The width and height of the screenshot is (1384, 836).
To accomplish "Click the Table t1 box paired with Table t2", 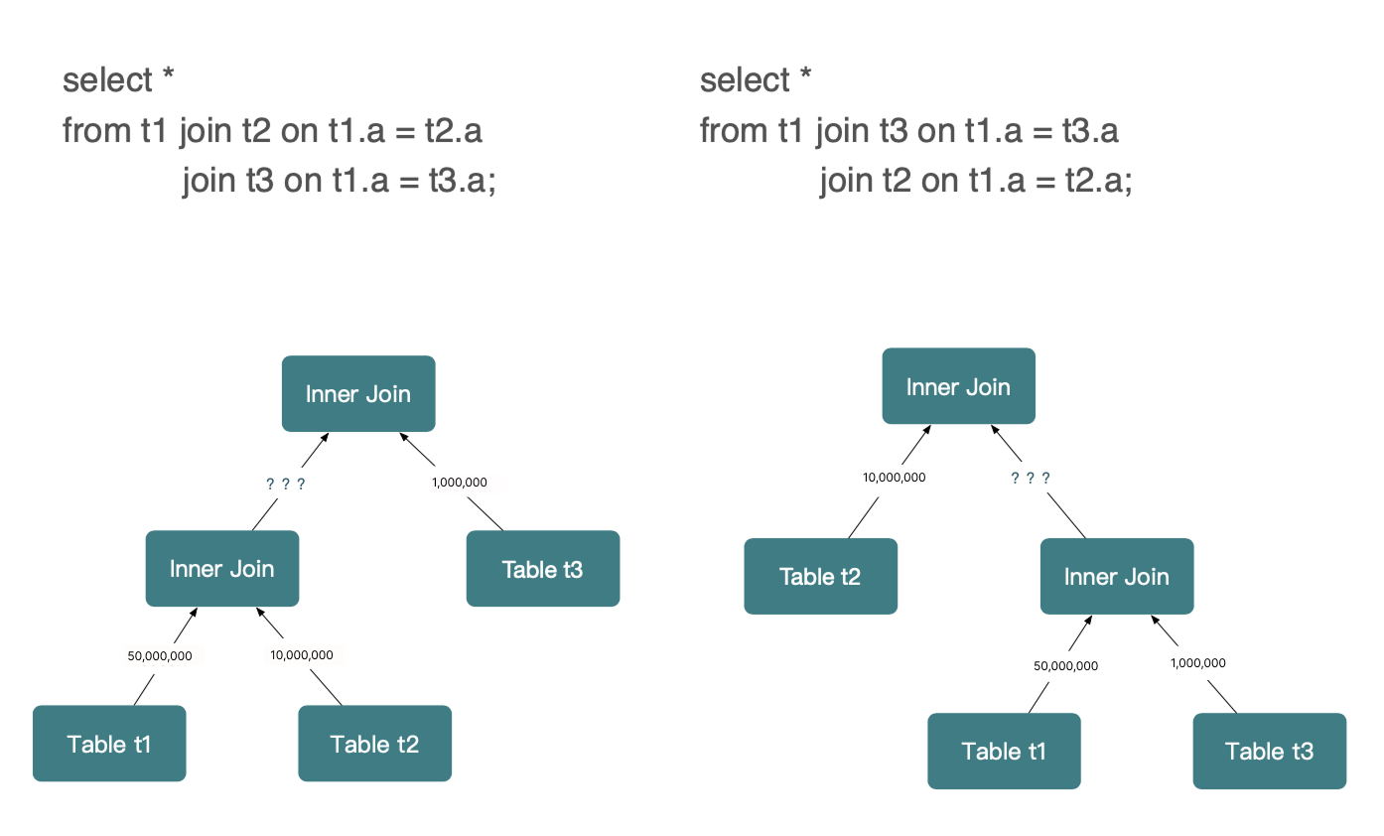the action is pos(109,744).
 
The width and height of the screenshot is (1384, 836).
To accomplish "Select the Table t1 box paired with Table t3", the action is pos(1004,751).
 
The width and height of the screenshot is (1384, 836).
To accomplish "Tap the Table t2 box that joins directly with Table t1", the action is pos(375,744).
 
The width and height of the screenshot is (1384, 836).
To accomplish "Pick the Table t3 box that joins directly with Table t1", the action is pos(1270,751).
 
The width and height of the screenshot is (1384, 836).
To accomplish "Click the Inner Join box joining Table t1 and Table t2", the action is pos(222,569).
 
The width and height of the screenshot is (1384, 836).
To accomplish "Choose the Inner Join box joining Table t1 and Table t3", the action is pos(1117,576).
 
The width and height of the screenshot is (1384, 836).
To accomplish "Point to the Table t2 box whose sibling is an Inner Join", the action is pos(820,576).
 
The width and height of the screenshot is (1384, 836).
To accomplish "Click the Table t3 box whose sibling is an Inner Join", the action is pos(543,569).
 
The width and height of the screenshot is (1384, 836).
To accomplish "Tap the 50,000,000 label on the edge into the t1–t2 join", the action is pos(160,655).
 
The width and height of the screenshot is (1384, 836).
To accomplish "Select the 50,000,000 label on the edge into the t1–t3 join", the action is pos(1066,665).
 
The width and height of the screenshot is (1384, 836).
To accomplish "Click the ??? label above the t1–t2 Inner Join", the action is pos(286,484).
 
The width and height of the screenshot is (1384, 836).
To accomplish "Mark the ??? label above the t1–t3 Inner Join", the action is pos(1030,478).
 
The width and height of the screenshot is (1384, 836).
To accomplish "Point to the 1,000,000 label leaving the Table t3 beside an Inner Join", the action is pos(459,482).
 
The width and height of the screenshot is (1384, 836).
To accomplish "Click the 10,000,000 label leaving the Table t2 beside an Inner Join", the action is pos(894,477).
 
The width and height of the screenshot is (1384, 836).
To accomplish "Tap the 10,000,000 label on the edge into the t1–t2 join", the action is pos(302,655).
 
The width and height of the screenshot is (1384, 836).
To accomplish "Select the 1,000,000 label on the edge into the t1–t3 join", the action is pos(1198,663).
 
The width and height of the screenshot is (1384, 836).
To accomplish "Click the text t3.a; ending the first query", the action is pos(463,181).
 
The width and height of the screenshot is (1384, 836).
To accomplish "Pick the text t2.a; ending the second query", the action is pos(1099,181).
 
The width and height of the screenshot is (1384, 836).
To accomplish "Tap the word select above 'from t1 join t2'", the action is pos(107,80).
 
